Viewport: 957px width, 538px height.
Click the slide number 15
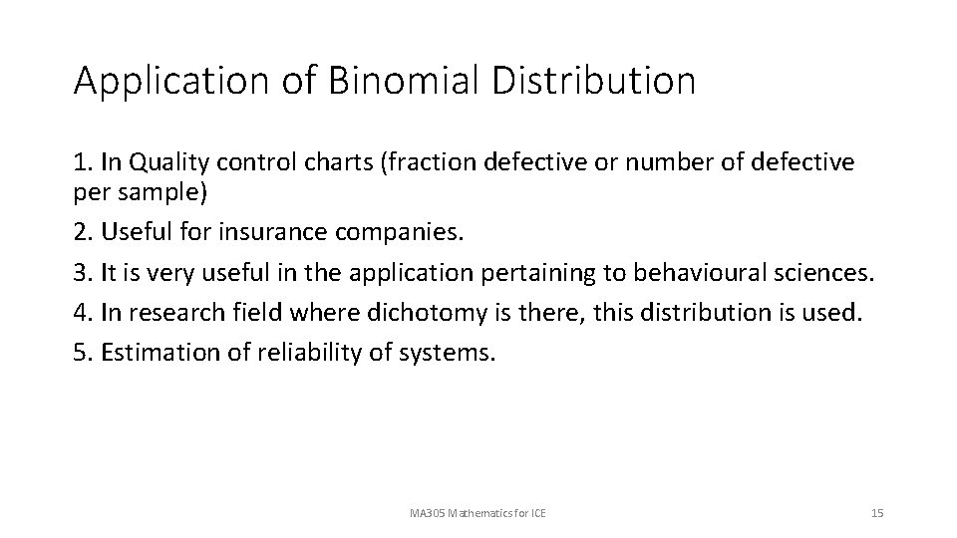[877, 513]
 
